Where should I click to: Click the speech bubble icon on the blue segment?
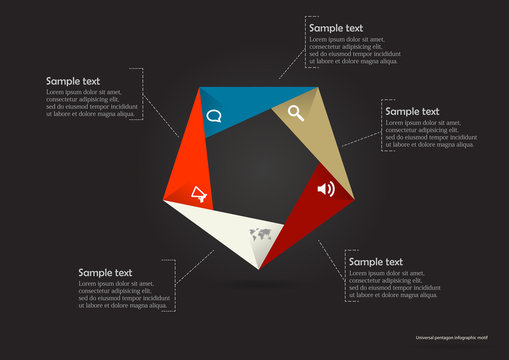pyautogui.click(x=213, y=115)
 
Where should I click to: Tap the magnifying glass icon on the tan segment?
pyautogui.click(x=296, y=112)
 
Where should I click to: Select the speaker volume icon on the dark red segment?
pyautogui.click(x=325, y=188)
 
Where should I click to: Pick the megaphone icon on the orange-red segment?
pyautogui.click(x=199, y=194)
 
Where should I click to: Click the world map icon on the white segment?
pyautogui.click(x=262, y=236)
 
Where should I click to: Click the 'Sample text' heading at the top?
pyautogui.click(x=335, y=28)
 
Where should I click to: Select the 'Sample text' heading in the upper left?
pyautogui.click(x=73, y=81)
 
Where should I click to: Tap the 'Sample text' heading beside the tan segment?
pyautogui.click(x=412, y=111)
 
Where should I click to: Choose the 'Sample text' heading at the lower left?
pyautogui.click(x=106, y=272)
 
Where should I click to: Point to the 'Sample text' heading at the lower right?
pyautogui.click(x=375, y=261)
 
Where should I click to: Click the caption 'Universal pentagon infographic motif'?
pyautogui.click(x=458, y=338)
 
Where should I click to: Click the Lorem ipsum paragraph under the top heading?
pyautogui.click(x=355, y=50)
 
